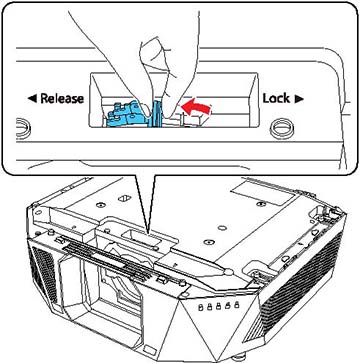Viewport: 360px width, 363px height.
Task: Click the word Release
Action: (x=62, y=99)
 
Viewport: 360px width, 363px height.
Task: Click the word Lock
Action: (x=276, y=98)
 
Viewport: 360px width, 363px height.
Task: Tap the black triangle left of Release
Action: (x=31, y=99)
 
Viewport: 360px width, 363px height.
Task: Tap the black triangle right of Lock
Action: (x=299, y=99)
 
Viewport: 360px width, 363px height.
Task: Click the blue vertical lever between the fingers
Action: (x=156, y=113)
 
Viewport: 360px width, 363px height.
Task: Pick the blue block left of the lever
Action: (x=129, y=114)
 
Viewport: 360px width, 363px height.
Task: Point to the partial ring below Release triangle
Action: (x=23, y=127)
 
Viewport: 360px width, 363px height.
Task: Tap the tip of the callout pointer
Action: (x=148, y=233)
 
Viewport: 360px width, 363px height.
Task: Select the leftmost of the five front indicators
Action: (x=200, y=307)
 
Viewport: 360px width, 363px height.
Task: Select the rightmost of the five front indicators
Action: (x=237, y=304)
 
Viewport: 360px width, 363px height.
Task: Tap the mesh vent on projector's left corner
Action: (x=42, y=272)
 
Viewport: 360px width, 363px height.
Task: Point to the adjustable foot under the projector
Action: (x=239, y=358)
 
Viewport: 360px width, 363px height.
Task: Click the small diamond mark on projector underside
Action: (x=126, y=198)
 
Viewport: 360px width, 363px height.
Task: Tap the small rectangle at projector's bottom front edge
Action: (x=149, y=350)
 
